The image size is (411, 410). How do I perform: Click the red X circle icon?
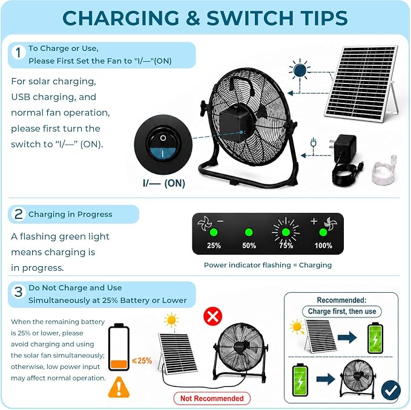212,316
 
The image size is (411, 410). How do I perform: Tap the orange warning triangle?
119,388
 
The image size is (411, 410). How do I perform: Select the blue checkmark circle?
391,391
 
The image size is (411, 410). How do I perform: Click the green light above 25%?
214,232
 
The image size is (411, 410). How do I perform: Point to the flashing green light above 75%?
286,232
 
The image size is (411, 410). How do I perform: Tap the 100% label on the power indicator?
323,246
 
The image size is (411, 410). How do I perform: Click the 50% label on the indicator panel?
249,246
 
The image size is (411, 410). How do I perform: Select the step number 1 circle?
18,52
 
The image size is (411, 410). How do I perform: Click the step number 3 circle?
18,291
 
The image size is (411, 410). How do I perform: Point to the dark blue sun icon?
300,70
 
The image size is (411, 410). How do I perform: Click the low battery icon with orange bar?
119,347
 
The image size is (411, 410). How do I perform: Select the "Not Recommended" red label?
212,399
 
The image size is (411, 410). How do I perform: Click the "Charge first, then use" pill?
342,311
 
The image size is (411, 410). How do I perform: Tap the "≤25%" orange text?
142,360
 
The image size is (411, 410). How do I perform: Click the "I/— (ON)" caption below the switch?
164,183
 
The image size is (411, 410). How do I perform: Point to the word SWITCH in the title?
250,18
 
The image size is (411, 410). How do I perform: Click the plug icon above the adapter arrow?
313,143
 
